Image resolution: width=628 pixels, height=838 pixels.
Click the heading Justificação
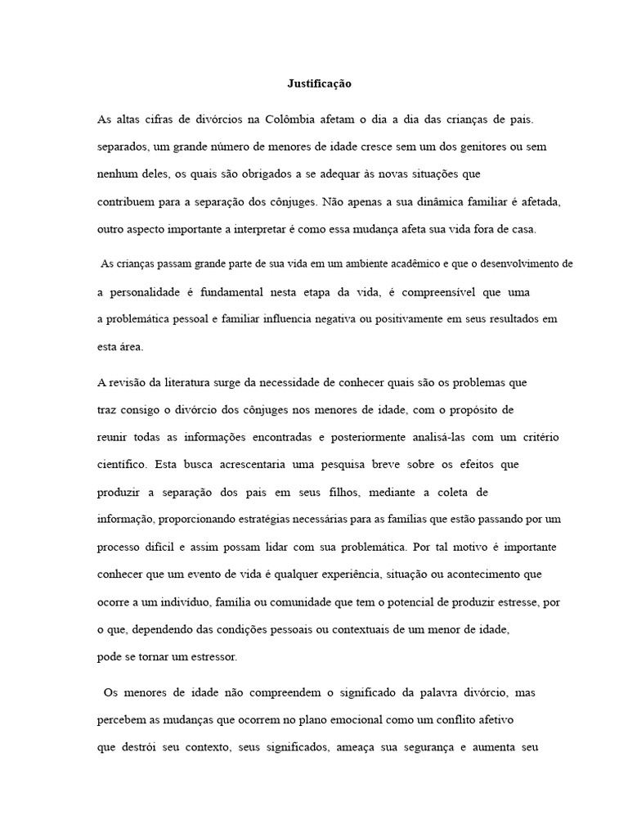[x=319, y=83]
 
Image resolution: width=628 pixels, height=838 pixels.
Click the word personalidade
[x=150, y=292]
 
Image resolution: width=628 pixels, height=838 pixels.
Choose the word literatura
[x=173, y=381]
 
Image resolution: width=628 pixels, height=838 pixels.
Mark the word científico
[x=122, y=464]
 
